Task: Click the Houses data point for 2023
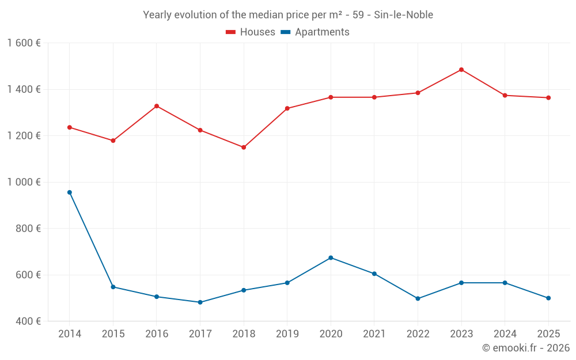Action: (461, 70)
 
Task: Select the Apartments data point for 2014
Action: (70, 192)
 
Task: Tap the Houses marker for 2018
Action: (244, 147)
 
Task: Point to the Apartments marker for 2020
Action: (331, 257)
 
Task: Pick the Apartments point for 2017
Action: (200, 302)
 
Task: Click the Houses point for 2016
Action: (157, 106)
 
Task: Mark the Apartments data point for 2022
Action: (418, 298)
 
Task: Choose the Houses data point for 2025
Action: (548, 98)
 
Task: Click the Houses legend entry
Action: (251, 32)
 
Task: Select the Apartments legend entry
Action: (316, 32)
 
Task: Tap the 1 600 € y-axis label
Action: (24, 43)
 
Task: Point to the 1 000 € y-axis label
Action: (24, 182)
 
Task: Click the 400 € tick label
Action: (28, 321)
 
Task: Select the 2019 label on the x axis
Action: (287, 334)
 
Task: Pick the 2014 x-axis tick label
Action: (70, 334)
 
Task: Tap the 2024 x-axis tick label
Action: (505, 334)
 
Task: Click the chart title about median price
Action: (288, 15)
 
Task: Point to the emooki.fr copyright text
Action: (525, 348)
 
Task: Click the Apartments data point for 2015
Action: (113, 287)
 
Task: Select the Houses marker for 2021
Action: (374, 97)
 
